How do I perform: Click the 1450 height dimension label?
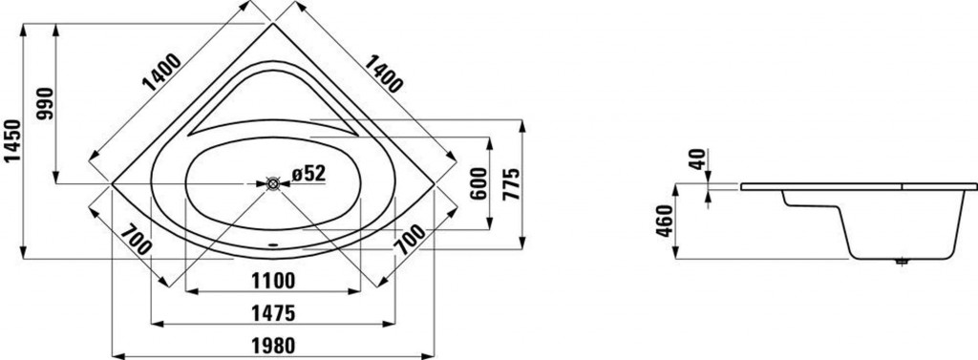[12, 139]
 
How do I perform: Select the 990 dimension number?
[46, 103]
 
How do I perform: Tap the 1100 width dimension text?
[274, 282]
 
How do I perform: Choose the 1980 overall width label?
[273, 346]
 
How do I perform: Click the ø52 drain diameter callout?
[308, 174]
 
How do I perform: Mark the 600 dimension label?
[478, 183]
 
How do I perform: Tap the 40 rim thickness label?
[697, 159]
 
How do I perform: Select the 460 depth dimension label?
[666, 221]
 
